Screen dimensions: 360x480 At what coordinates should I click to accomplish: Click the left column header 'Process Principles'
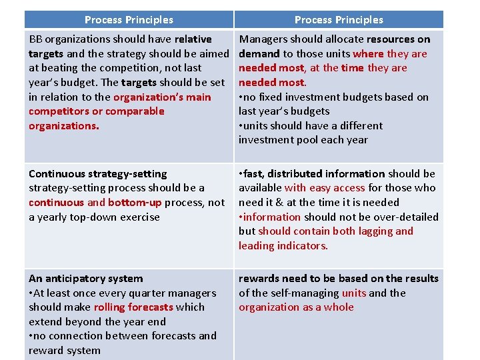click(x=129, y=20)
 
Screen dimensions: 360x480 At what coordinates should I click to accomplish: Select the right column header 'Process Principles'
click(x=339, y=20)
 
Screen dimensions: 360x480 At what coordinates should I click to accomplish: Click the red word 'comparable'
click(x=134, y=111)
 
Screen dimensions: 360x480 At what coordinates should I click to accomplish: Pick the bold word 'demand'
click(x=259, y=54)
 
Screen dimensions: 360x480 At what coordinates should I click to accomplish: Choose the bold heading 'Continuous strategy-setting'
click(x=98, y=174)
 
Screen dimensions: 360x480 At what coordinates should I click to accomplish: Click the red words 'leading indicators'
click(x=283, y=246)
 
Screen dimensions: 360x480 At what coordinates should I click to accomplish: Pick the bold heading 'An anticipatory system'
click(x=86, y=279)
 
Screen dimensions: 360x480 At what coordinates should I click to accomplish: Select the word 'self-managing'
click(x=307, y=293)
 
